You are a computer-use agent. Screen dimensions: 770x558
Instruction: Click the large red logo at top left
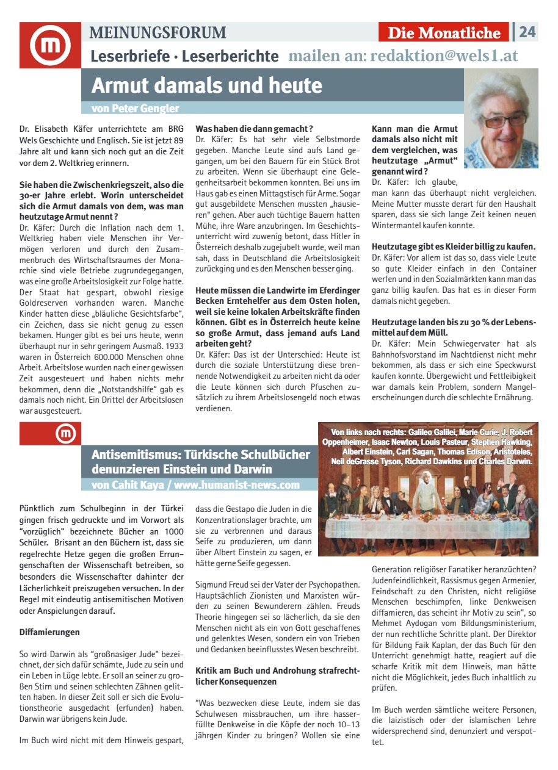[x=50, y=45]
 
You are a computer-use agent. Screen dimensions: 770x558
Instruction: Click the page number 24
[x=527, y=32]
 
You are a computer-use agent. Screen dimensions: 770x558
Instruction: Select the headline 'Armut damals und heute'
[x=206, y=85]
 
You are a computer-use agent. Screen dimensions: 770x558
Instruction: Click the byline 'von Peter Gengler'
[x=135, y=109]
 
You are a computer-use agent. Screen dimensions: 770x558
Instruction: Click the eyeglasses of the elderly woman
[x=501, y=118]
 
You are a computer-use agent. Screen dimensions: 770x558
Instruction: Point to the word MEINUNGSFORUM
[x=158, y=32]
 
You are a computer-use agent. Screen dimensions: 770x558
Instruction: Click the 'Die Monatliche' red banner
[x=444, y=33]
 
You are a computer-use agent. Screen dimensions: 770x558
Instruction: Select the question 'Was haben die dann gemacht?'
[x=254, y=129]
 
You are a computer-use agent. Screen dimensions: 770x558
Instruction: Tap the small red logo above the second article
[x=65, y=433]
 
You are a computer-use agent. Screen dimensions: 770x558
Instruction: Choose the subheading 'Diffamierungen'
[x=49, y=631]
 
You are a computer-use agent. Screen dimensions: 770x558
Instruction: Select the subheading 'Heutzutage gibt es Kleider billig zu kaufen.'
[x=454, y=246]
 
